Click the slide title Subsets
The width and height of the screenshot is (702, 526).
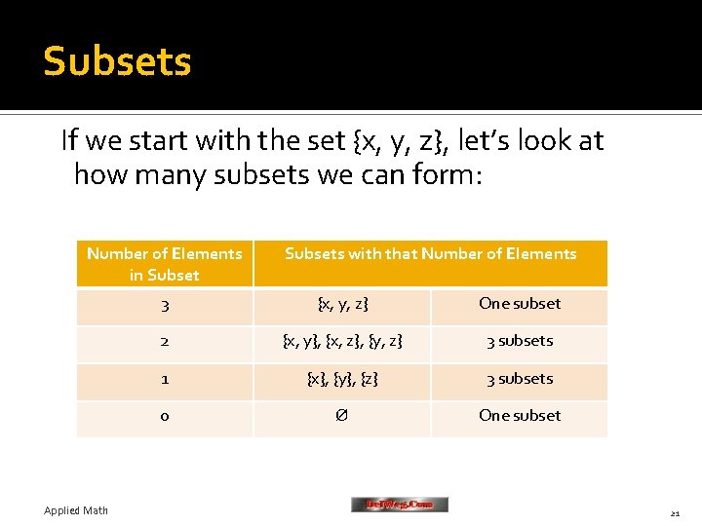click(117, 61)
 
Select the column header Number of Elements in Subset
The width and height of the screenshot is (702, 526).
click(164, 264)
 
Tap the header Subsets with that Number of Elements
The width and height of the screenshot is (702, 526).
click(430, 254)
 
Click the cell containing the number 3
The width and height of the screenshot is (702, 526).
click(165, 306)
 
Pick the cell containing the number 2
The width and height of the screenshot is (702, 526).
click(165, 342)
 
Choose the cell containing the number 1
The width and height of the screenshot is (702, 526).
click(165, 379)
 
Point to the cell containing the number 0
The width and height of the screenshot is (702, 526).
click(165, 417)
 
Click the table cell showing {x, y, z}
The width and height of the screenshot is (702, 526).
click(342, 304)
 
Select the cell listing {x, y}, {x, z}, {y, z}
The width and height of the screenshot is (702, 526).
click(342, 342)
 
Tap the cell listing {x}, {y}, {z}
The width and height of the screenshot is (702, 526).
click(342, 379)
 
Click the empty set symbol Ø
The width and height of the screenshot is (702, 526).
click(342, 416)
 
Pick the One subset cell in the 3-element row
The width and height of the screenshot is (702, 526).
click(520, 303)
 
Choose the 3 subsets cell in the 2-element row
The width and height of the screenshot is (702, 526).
click(520, 341)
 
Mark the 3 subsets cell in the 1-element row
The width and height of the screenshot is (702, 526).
click(520, 378)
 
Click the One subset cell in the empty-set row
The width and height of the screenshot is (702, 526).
click(520, 415)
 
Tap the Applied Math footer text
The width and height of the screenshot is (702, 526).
click(76, 510)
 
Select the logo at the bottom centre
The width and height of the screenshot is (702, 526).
click(400, 505)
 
